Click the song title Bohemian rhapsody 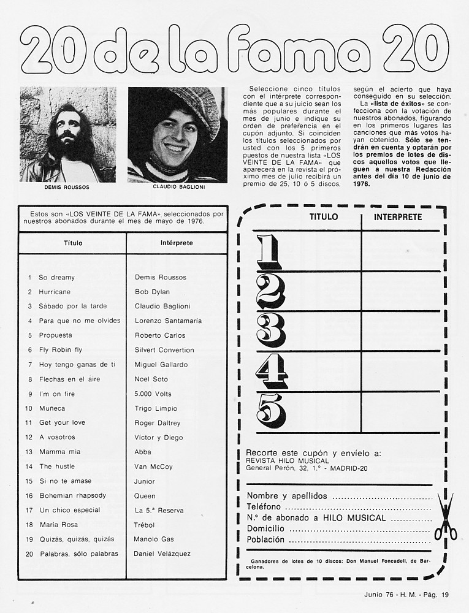pyautogui.click(x=72, y=495)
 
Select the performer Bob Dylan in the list pyautogui.click(x=152, y=292)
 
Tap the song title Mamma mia pyautogui.click(x=59, y=452)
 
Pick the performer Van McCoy pyautogui.click(x=153, y=466)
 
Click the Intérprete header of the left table pyautogui.click(x=177, y=243)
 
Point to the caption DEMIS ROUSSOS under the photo pyautogui.click(x=67, y=186)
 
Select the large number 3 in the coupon pyautogui.click(x=270, y=330)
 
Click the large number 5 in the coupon pyautogui.click(x=270, y=411)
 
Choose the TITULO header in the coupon pyautogui.click(x=323, y=217)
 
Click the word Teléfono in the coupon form pyautogui.click(x=264, y=507)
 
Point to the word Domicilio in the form pyautogui.click(x=265, y=528)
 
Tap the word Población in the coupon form pyautogui.click(x=265, y=539)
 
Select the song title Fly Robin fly pyautogui.click(x=60, y=350)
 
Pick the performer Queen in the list pyautogui.click(x=145, y=495)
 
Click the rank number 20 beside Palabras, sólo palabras pyautogui.click(x=29, y=554)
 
